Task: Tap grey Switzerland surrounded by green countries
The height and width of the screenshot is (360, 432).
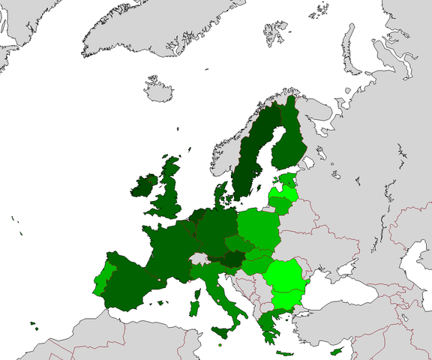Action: click(x=198, y=259)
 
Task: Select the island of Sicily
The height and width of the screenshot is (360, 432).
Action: click(x=224, y=331)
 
